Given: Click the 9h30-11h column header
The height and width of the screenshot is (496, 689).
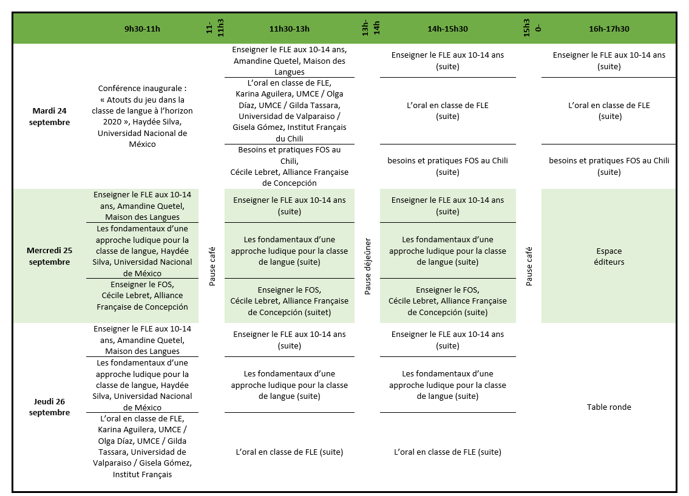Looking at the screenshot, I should click(142, 29).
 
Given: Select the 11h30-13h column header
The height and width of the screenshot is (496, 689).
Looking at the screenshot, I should click(290, 29).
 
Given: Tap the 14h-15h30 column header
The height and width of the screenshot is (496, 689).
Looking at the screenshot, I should click(447, 29).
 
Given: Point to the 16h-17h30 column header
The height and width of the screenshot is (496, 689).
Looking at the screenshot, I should click(609, 29).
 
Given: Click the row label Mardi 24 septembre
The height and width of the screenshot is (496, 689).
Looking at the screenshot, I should click(51, 116).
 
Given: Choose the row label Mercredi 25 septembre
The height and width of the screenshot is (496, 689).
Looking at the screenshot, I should click(50, 256).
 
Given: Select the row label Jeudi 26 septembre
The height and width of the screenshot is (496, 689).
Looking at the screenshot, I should click(50, 407).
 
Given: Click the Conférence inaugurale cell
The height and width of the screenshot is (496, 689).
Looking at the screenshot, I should click(142, 116).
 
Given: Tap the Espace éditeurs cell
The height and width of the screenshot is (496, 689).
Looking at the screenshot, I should click(609, 256).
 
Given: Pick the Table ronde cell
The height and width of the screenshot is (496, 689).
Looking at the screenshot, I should click(609, 407).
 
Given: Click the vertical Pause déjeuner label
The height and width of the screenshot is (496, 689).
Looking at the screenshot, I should click(368, 267).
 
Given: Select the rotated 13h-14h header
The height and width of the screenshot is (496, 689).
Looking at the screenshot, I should click(370, 28).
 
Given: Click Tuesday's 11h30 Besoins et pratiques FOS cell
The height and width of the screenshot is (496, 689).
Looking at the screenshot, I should click(290, 166).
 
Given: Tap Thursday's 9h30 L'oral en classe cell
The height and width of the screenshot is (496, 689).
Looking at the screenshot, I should click(142, 446).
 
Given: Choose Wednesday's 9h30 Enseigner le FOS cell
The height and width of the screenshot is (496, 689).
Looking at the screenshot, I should click(142, 296).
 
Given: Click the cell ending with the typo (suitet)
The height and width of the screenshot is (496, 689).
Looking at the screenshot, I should click(290, 301).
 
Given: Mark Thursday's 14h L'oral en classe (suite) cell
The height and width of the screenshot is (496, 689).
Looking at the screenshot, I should click(447, 452).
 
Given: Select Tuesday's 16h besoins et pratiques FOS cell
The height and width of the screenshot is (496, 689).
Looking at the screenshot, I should click(609, 166).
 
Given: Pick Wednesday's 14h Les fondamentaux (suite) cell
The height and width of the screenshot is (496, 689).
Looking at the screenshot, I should click(447, 251).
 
